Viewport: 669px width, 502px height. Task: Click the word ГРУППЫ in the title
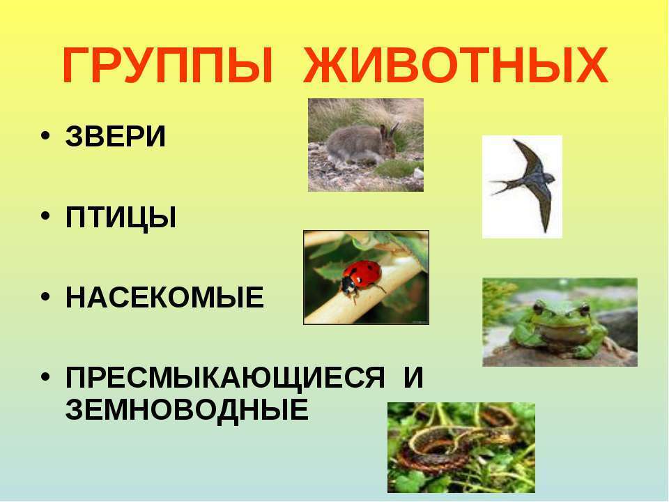(x=167, y=66)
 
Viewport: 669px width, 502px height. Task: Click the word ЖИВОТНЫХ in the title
(x=456, y=66)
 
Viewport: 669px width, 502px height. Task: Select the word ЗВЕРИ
(x=115, y=137)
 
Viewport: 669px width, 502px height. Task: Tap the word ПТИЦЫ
(x=121, y=218)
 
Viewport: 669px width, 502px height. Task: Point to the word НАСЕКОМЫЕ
(x=164, y=297)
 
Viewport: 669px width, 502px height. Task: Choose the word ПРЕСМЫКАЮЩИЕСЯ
(x=225, y=378)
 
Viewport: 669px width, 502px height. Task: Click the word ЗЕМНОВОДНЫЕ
(x=187, y=409)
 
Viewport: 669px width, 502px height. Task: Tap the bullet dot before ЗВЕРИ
(x=45, y=136)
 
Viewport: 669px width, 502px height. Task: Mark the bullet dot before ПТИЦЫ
(x=45, y=216)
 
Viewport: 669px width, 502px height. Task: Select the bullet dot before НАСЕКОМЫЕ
(x=45, y=296)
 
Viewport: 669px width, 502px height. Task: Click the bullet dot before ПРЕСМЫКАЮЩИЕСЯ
(x=45, y=376)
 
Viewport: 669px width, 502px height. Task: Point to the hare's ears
(x=388, y=130)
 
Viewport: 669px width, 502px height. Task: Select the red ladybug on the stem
(x=361, y=278)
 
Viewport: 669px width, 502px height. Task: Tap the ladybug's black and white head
(x=349, y=286)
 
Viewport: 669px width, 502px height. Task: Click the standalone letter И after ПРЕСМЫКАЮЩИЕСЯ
(x=413, y=377)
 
